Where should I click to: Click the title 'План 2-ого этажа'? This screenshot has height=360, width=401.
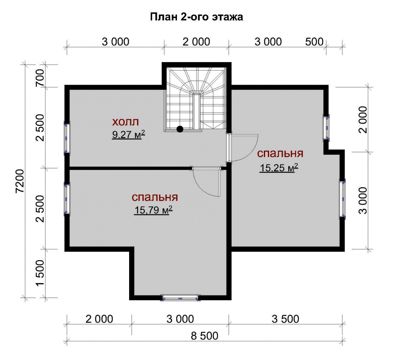196,17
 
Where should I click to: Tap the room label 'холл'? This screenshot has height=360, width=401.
126,122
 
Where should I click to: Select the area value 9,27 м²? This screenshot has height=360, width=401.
129,134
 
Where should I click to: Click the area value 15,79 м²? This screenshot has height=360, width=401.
154,210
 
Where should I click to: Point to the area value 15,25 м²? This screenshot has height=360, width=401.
279,168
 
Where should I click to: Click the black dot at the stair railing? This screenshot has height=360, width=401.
180,129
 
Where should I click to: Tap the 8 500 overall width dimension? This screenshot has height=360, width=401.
205,336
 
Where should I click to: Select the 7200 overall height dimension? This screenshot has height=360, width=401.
20,181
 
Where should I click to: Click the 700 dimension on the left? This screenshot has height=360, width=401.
40,77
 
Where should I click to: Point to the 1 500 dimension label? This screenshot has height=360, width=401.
40,273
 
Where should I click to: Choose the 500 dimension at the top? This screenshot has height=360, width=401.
314,42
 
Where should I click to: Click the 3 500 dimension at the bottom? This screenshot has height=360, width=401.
285,319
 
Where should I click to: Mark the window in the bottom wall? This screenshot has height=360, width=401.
180,298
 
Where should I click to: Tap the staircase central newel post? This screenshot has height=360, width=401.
196,111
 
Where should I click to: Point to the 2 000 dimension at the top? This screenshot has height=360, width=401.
196,42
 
